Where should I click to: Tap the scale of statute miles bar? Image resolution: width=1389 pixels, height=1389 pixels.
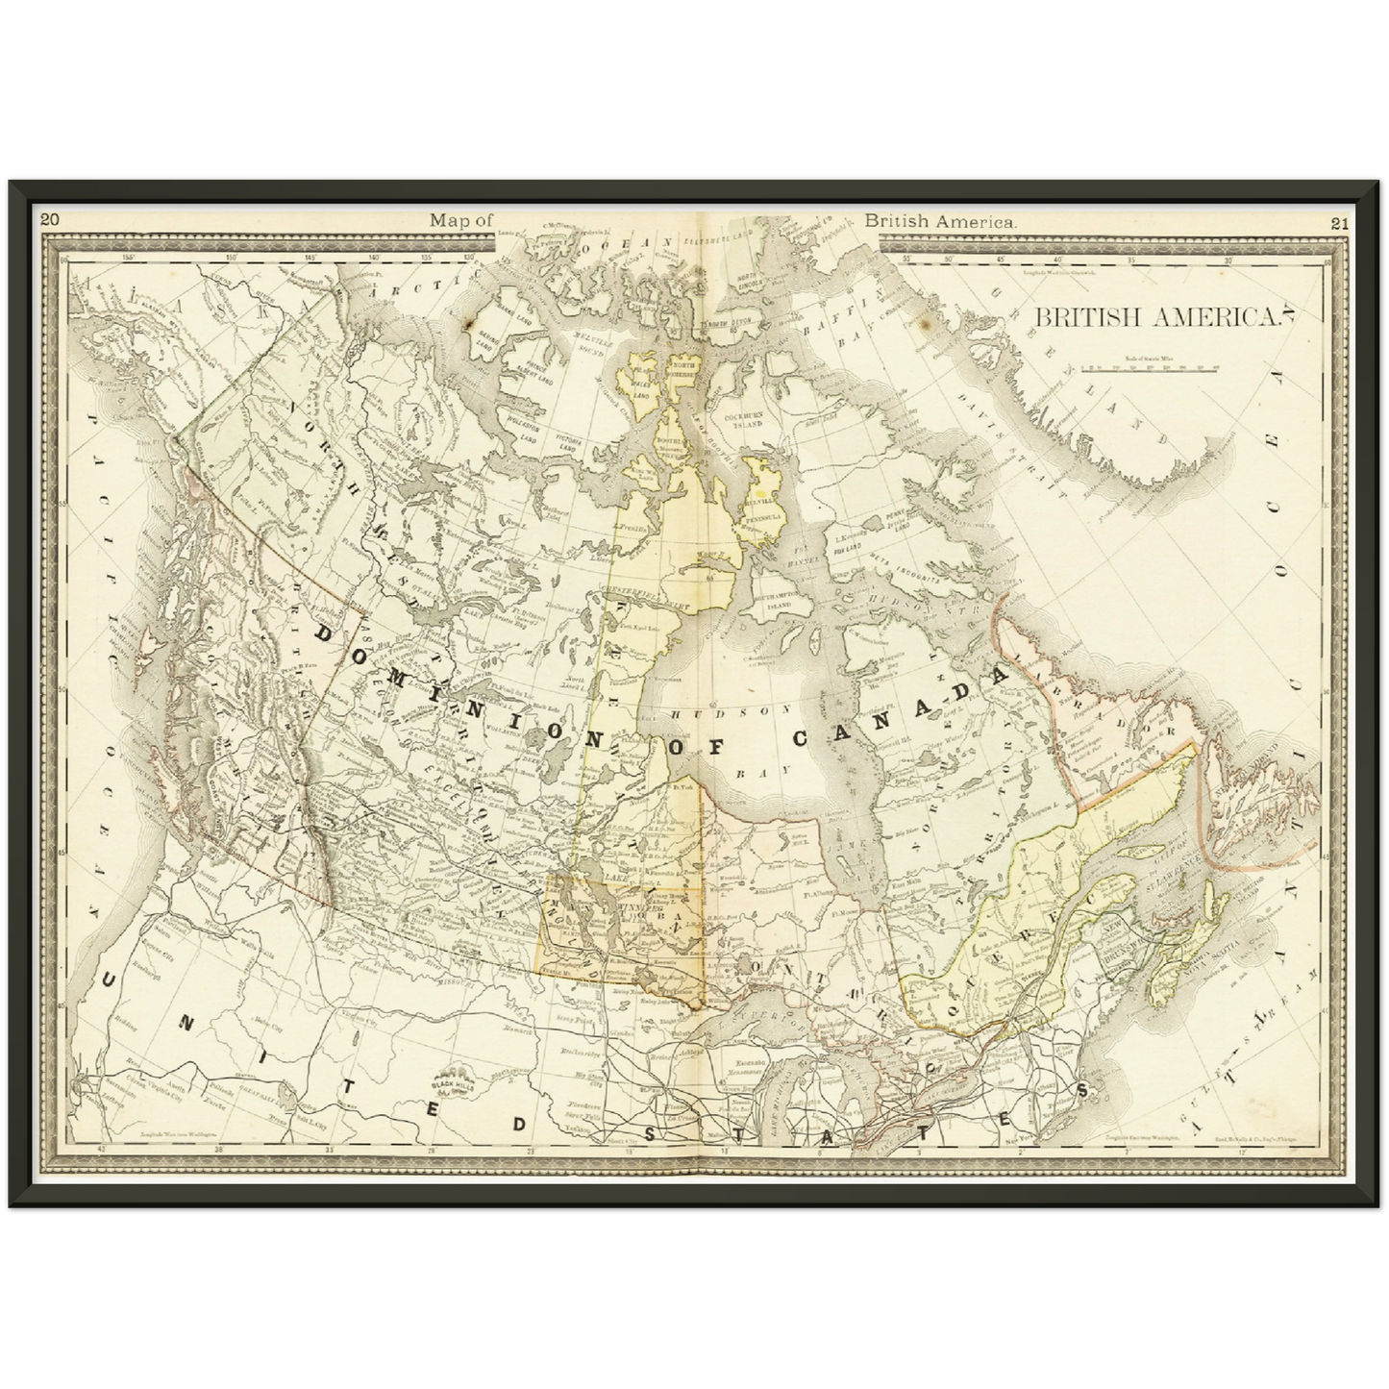1150,367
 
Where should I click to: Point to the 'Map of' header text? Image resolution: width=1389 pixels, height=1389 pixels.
460,220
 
